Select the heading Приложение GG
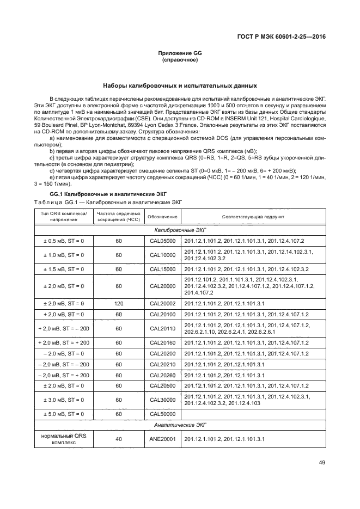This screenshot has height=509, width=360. click(x=180, y=53)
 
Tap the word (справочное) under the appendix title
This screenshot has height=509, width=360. click(x=180, y=60)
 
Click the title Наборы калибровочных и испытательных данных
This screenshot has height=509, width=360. click(x=180, y=86)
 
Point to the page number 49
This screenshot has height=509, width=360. click(x=322, y=463)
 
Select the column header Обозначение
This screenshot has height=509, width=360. click(x=162, y=217)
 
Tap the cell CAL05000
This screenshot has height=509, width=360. click(x=162, y=241)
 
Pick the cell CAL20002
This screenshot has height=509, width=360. click(x=162, y=303)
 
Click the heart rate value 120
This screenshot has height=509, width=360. click(x=118, y=303)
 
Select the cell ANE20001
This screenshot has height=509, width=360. click(x=162, y=439)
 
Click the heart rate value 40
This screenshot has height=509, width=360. click(x=118, y=439)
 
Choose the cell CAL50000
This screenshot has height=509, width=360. click(x=162, y=414)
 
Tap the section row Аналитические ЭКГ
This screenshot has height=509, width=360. click(x=180, y=425)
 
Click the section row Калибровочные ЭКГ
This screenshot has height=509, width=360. click(x=180, y=230)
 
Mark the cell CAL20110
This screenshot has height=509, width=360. click(x=162, y=328)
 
